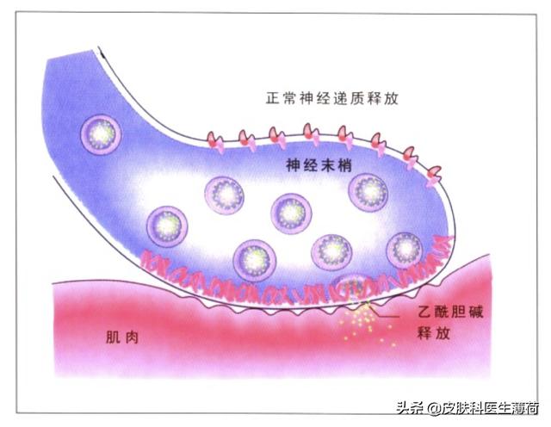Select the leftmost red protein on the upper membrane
coord(212,139)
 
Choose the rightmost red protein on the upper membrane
coord(436,175)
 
